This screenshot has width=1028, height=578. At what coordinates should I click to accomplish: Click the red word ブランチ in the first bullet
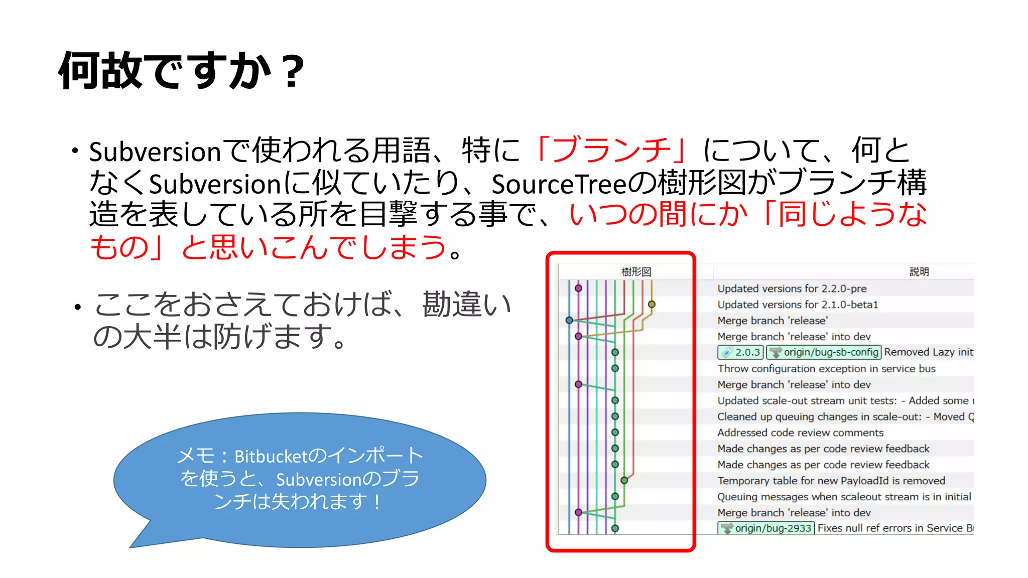[x=611, y=150]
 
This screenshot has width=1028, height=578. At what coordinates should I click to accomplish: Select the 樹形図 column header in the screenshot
[x=636, y=272]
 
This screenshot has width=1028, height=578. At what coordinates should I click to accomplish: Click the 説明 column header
[x=919, y=272]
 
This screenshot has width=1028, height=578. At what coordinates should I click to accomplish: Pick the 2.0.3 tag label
[x=741, y=352]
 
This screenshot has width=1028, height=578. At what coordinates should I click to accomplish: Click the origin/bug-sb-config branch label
[x=824, y=352]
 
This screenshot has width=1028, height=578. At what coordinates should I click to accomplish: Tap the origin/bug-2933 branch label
[x=767, y=528]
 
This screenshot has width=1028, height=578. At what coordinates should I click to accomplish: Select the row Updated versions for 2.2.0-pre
[x=792, y=288]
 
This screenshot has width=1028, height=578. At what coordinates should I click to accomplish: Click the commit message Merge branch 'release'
[x=772, y=321]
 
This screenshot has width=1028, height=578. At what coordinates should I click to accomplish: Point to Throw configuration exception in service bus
[x=826, y=368]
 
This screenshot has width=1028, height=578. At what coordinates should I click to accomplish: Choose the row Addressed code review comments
[x=800, y=432]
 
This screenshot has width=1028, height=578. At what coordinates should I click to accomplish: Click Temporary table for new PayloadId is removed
[x=831, y=481]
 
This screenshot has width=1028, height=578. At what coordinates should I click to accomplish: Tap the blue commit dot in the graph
[x=569, y=320]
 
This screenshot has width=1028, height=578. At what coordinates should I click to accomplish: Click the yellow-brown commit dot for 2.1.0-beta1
[x=652, y=304]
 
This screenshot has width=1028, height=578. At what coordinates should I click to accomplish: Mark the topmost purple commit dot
[x=578, y=288]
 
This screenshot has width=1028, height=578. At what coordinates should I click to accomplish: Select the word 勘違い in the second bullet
[x=467, y=304]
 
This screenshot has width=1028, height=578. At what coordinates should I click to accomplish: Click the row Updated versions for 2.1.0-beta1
[x=797, y=305]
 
